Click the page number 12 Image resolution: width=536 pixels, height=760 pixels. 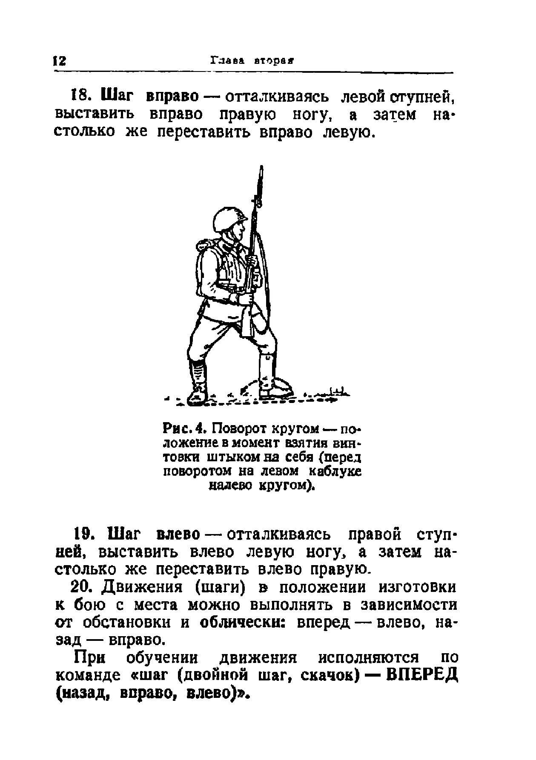59,61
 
